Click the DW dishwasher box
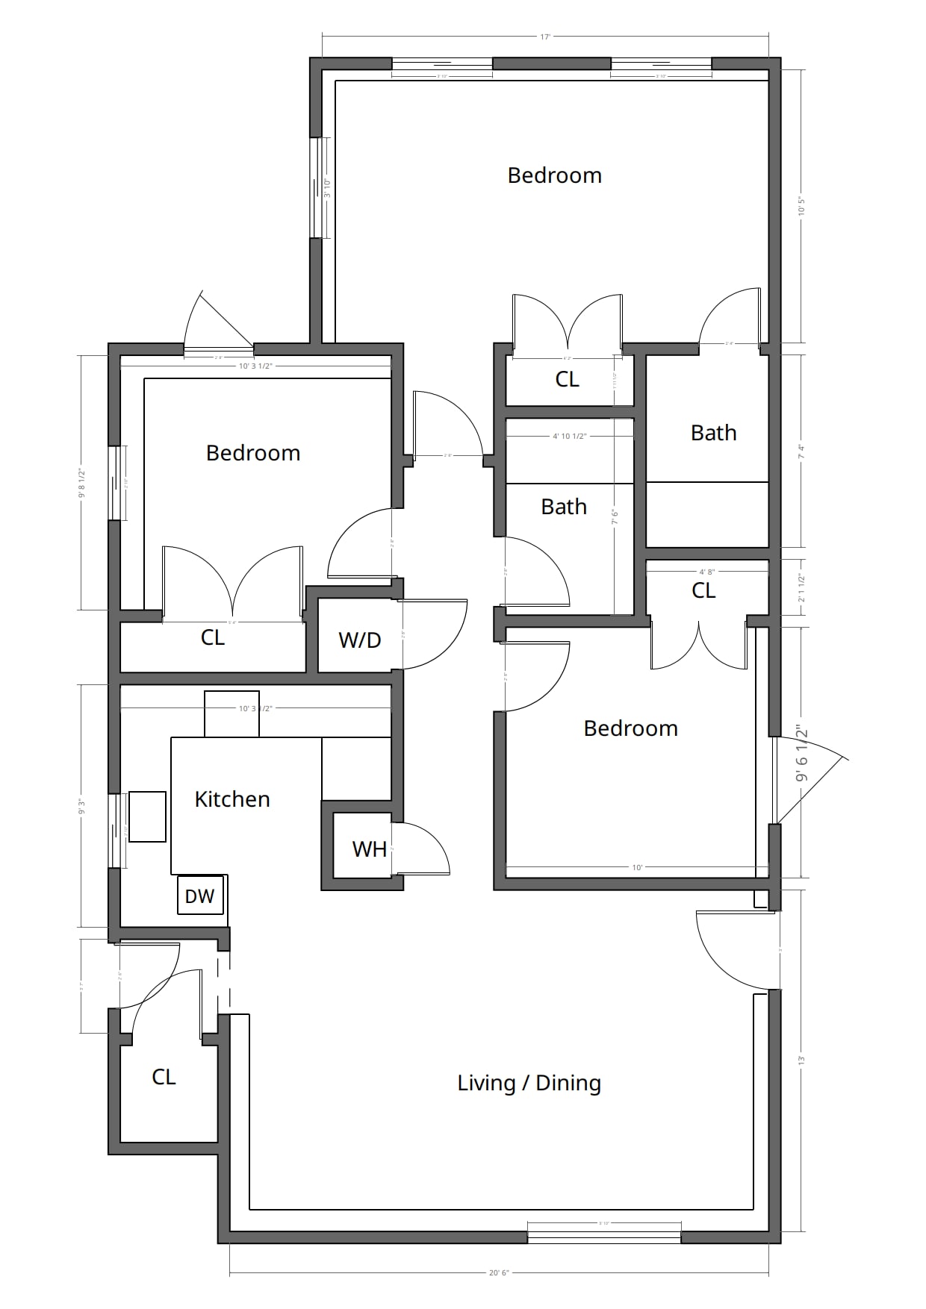[200, 896]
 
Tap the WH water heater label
[369, 849]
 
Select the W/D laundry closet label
[360, 640]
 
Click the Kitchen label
[232, 799]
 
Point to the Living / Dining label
[529, 1083]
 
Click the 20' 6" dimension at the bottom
[499, 1272]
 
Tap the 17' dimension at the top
[545, 36]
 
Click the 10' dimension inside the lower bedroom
[637, 867]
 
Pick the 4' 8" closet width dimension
[706, 572]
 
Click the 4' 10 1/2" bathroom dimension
[569, 436]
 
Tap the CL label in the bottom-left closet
[164, 1077]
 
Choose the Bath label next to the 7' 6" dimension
[564, 507]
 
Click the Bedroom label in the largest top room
[554, 175]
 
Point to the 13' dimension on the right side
[801, 1060]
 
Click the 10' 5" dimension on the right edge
[801, 206]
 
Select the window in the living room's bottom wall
[604, 1237]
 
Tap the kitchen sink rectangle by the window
[147, 816]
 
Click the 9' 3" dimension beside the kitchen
[81, 806]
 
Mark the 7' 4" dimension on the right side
[801, 451]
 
